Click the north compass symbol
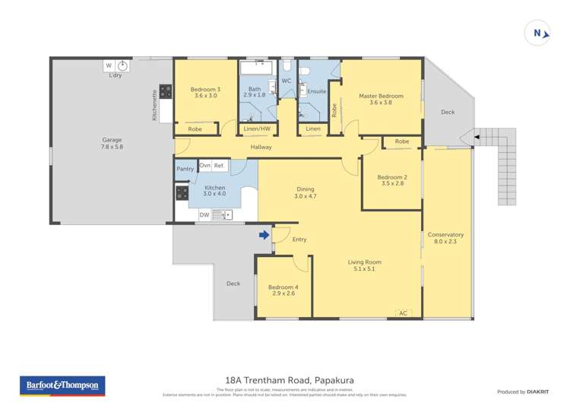[537, 33]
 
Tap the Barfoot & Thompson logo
[62, 386]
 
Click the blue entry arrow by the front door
[264, 235]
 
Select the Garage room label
[112, 143]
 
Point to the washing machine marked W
[108, 65]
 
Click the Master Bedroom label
[381, 100]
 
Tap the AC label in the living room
[403, 312]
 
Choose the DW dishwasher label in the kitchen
[204, 215]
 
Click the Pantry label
[185, 169]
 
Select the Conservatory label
[445, 238]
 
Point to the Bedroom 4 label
[283, 290]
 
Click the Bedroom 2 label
[392, 181]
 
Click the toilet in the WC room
[287, 67]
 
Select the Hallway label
[261, 147]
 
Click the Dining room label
[305, 192]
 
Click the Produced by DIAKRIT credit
[521, 392]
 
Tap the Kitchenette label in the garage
[154, 106]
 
